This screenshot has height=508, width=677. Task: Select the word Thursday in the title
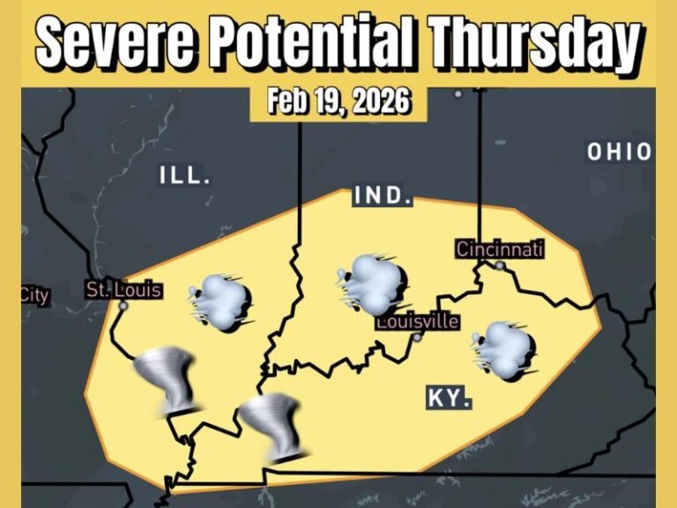(x=532, y=40)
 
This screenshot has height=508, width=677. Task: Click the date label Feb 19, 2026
(x=339, y=101)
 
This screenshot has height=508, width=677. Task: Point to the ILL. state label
(x=185, y=175)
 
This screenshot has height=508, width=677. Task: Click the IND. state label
(x=383, y=196)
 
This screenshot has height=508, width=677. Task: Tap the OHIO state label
(x=620, y=152)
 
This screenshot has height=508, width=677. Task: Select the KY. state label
(x=449, y=398)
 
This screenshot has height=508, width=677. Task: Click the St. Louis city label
(x=124, y=288)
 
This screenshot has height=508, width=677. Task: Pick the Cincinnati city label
(x=500, y=250)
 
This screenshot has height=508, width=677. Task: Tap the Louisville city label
(x=418, y=321)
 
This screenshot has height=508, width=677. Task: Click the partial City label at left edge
(x=34, y=295)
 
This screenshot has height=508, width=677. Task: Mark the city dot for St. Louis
(x=123, y=306)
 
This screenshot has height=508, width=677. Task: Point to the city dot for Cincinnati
(x=500, y=265)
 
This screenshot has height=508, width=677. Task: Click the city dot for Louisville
(x=418, y=336)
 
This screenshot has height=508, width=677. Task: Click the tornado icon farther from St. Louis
(x=273, y=427)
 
